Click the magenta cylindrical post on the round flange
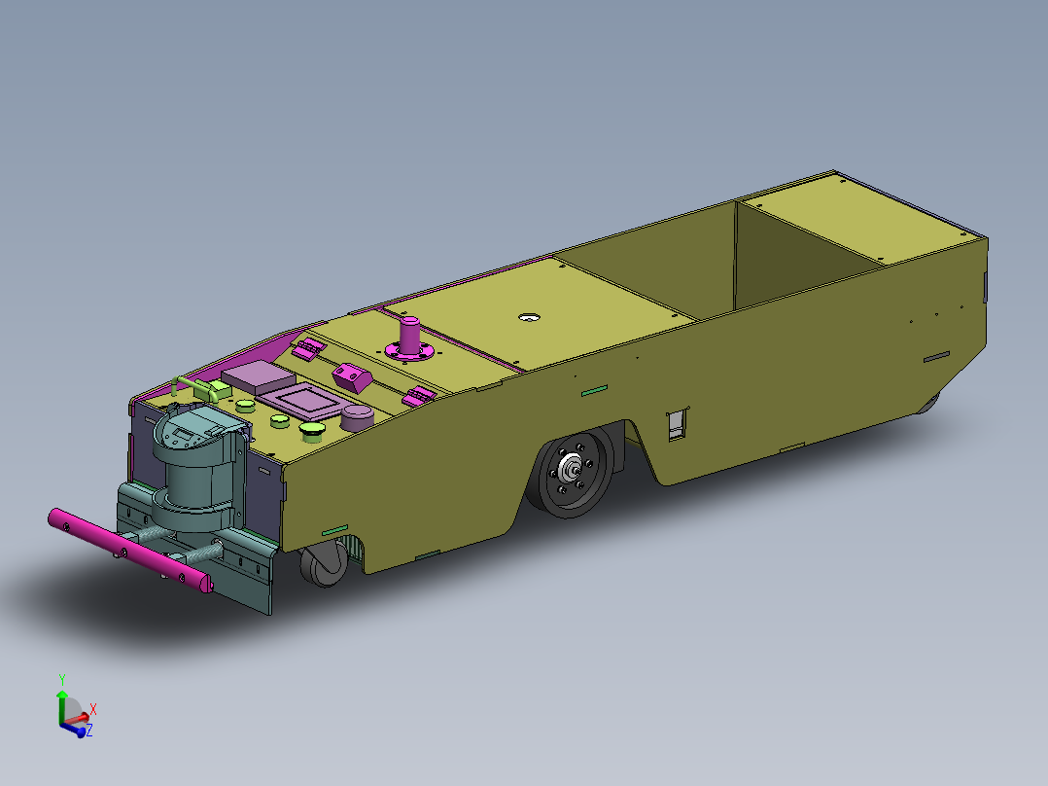(x=410, y=336)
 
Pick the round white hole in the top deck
(x=529, y=318)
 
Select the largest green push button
(x=314, y=430)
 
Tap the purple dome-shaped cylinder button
(x=358, y=416)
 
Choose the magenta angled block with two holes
(x=352, y=376)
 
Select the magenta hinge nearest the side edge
(x=420, y=395)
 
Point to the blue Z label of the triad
(x=89, y=730)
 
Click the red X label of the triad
(x=92, y=709)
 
